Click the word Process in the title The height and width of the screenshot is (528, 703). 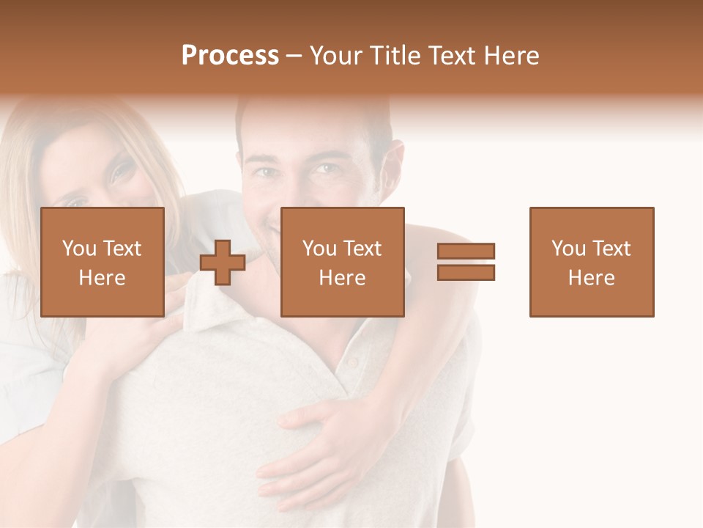[x=230, y=56]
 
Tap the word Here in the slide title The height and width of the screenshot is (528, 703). [x=513, y=56]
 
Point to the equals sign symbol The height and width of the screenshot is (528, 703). [x=466, y=262]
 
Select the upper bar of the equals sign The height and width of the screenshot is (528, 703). [x=466, y=252]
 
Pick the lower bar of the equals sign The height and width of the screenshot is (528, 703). [x=466, y=272]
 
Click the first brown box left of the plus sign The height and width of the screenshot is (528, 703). [x=102, y=262]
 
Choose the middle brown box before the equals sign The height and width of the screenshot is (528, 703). [x=342, y=262]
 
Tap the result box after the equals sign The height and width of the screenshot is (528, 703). [x=591, y=262]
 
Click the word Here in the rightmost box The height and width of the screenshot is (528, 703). [x=591, y=277]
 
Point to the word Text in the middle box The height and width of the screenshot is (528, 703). [x=362, y=249]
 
